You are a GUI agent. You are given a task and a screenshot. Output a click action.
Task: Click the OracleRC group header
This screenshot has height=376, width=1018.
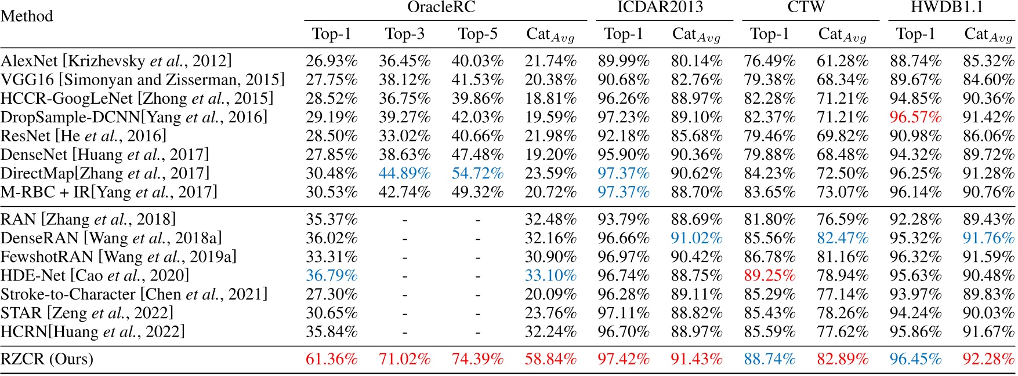(x=441, y=8)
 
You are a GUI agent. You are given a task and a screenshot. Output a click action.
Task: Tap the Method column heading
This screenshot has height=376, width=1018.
(x=27, y=16)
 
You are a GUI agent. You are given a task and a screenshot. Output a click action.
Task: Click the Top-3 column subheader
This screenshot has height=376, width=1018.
(x=404, y=34)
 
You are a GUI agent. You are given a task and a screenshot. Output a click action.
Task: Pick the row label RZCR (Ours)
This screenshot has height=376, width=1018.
(x=47, y=359)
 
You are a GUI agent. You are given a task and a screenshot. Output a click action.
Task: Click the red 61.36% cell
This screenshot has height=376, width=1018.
(x=331, y=359)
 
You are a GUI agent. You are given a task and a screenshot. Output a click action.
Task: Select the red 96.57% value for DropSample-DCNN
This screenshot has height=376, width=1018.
(x=915, y=117)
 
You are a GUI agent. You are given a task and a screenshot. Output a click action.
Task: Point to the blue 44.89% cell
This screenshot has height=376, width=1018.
(x=404, y=173)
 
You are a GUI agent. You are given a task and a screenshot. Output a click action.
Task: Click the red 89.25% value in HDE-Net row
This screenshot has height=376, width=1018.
(x=769, y=276)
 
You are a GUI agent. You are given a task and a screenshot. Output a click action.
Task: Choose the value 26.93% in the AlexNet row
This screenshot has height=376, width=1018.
(x=331, y=61)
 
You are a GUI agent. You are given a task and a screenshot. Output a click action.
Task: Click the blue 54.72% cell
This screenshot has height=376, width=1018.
(x=477, y=173)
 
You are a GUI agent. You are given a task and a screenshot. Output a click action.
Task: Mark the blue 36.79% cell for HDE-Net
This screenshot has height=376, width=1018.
(x=331, y=276)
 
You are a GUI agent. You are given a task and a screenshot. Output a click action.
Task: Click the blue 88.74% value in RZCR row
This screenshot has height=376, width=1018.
(x=769, y=359)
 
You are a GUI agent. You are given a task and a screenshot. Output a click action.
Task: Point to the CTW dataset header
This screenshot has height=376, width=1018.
(x=806, y=8)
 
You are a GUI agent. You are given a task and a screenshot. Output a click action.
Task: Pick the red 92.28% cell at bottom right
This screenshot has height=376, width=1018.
(x=988, y=359)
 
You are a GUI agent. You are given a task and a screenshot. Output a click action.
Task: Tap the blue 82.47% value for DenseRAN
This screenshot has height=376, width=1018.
(x=842, y=238)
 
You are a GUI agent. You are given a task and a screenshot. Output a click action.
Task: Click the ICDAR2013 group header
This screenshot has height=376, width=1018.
(x=660, y=8)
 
